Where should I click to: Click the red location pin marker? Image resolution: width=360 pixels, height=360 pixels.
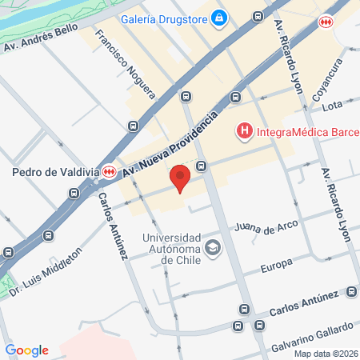(180, 177)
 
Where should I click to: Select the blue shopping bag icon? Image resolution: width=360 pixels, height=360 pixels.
(219, 18)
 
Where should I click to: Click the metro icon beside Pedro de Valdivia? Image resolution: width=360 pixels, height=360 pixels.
(117, 171)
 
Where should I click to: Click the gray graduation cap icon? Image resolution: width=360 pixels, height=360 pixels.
(212, 247)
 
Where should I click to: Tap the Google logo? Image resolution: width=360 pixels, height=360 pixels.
(26, 350)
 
